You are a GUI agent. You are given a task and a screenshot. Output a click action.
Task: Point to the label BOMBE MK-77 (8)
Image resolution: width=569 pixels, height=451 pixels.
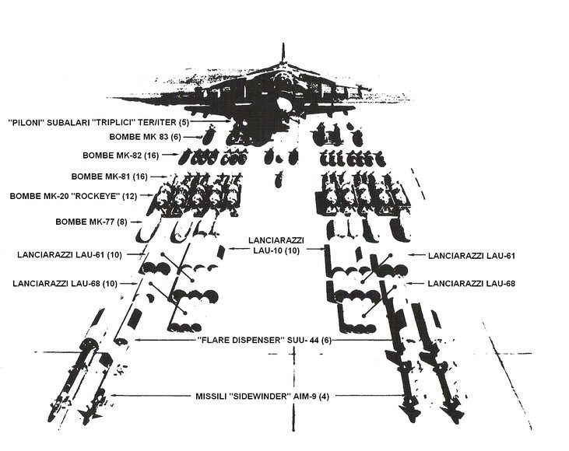(90, 222)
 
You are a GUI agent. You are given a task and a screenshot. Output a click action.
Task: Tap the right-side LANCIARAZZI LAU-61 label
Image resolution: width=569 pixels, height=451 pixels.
(477, 255)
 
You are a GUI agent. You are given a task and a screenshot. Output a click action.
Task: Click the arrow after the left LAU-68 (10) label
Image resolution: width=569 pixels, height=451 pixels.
(133, 283)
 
